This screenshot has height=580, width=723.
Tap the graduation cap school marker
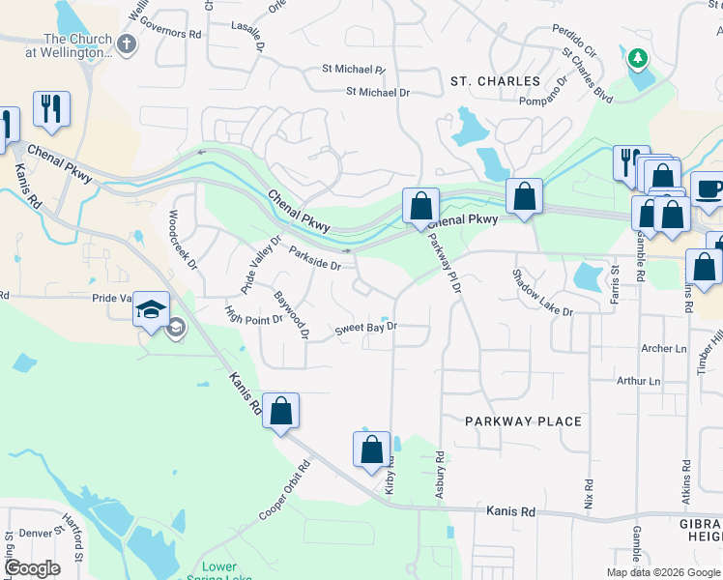coord(152,309)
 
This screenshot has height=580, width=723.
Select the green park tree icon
coord(637,59)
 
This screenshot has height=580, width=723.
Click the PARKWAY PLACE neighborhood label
coord(523,421)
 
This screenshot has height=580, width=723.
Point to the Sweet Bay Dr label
coord(366,329)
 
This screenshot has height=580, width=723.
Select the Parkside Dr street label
coord(315,258)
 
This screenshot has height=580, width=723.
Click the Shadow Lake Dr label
coord(542,292)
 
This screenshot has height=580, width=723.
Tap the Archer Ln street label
coord(662,348)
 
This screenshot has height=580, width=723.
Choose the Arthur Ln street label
coord(638,381)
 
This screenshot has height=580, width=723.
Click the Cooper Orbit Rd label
coord(284,490)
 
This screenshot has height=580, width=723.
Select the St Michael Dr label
coord(378,93)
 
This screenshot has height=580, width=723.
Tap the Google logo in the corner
coord(32,568)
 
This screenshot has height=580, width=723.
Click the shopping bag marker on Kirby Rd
coord(372,449)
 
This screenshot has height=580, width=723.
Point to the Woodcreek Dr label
coord(183,239)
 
